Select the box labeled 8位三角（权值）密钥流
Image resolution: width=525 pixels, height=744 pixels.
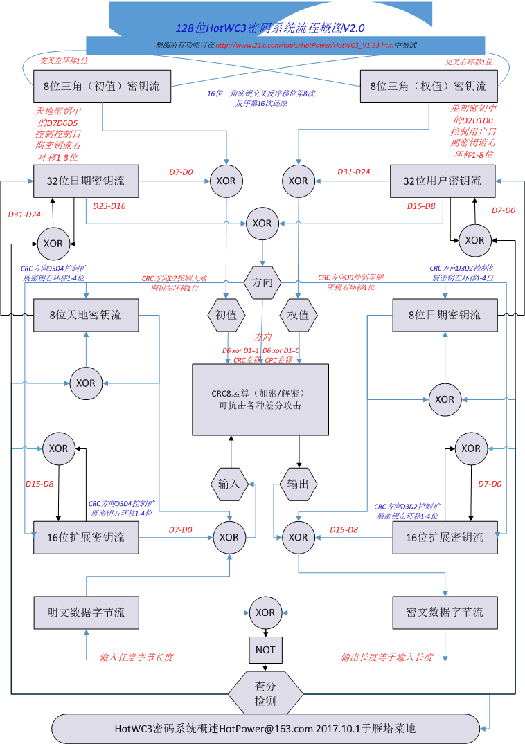[428, 87]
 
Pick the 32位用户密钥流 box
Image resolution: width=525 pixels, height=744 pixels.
[443, 181]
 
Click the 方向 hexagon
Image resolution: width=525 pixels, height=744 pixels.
[262, 282]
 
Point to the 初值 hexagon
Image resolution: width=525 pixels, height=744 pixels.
[226, 315]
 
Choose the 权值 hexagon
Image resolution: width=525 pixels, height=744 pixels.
[299, 315]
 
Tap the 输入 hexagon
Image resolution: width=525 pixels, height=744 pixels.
[229, 484]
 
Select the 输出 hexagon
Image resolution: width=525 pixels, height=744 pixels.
[299, 484]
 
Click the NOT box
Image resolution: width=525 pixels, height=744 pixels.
[265, 650]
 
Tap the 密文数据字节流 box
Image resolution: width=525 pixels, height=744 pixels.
[444, 613]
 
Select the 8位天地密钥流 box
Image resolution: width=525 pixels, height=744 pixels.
[86, 315]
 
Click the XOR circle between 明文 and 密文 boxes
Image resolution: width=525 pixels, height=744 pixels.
[265, 613]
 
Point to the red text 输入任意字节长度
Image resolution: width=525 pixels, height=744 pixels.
[136, 657]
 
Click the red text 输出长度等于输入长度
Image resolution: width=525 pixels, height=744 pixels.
[387, 657]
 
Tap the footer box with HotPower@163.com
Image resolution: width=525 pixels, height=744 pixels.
[265, 728]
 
